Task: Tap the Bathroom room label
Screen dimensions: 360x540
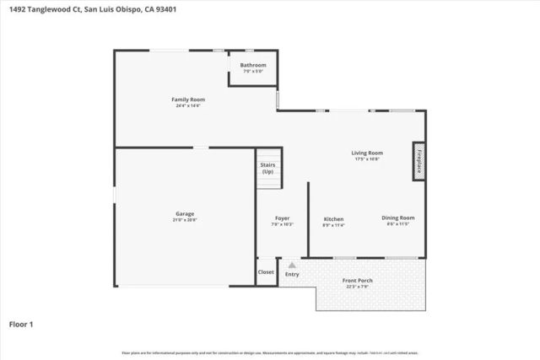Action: [x=253, y=65]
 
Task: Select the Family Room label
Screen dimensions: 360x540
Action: [x=190, y=99]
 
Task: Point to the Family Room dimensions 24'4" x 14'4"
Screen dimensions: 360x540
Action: [x=190, y=106]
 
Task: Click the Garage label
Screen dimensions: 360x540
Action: [x=185, y=213]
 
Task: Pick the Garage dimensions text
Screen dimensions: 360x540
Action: [x=185, y=220]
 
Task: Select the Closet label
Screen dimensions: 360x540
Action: [x=267, y=272]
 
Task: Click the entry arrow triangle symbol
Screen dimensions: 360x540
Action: [x=292, y=265]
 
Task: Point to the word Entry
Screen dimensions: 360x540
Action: [x=292, y=274]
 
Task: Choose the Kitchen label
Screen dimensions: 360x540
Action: [x=333, y=219]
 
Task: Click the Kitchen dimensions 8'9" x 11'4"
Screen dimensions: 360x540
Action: [x=333, y=226]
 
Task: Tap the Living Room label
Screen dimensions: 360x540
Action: [x=367, y=153]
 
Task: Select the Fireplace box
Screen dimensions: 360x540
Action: [x=417, y=160]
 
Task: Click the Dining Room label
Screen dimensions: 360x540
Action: [x=397, y=218]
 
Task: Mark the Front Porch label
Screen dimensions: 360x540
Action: [x=357, y=280]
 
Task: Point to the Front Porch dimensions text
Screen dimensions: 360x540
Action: [x=357, y=287]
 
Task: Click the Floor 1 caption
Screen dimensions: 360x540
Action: [x=20, y=323]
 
